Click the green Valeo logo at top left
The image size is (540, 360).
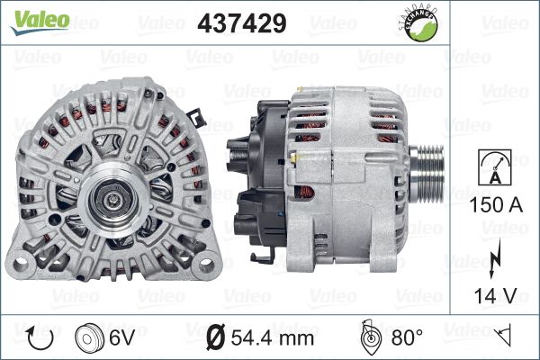pos(40,22)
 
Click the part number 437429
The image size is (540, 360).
pos(242,23)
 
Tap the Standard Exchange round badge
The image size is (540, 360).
pos(419,24)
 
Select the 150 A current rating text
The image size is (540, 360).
pos(496,204)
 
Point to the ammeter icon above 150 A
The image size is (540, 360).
pos(495,167)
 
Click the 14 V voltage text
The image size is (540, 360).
pos(496,295)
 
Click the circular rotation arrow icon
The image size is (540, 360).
pos(40,337)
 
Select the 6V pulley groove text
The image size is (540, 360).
pos(121,337)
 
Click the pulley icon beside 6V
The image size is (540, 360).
pos(89,337)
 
